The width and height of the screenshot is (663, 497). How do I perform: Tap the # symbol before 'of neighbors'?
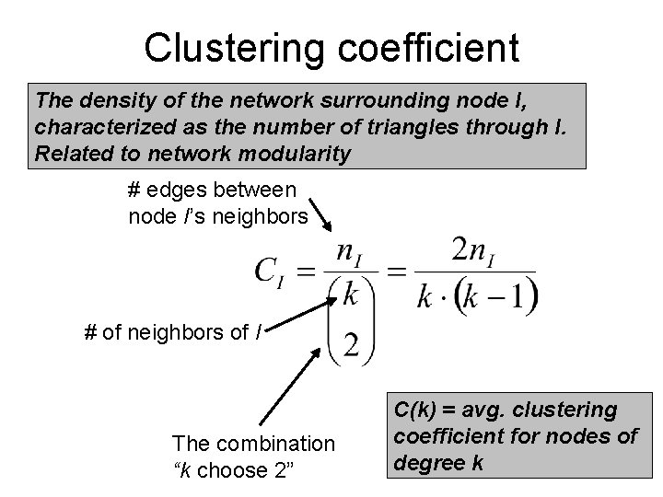pyautogui.click(x=89, y=331)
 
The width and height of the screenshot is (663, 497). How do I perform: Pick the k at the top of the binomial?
pyautogui.click(x=349, y=295)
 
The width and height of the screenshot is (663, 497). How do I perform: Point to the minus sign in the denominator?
pyautogui.click(x=499, y=297)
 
